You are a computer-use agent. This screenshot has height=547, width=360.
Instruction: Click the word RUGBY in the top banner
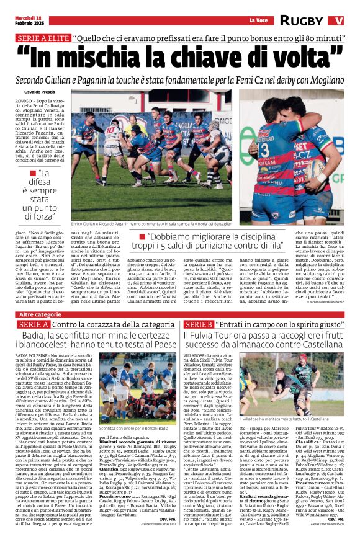pyautogui.click(x=302, y=20)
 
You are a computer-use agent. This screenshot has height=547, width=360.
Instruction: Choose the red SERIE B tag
pyautogui.click(x=199, y=324)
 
